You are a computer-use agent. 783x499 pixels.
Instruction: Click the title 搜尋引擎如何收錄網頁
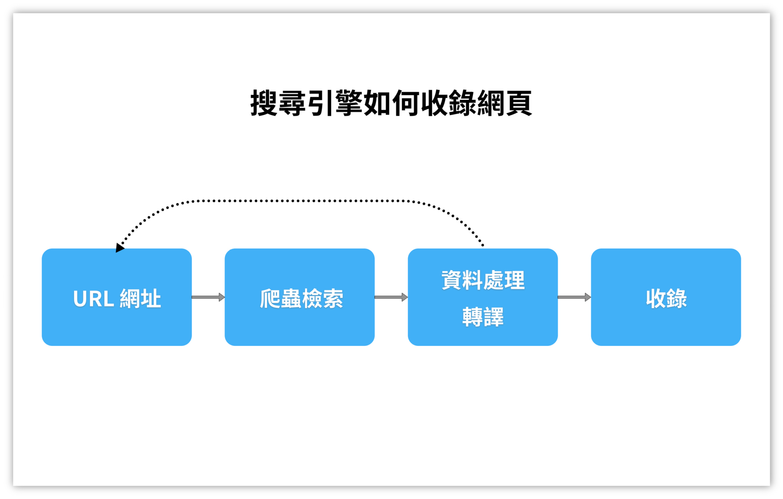point(391,103)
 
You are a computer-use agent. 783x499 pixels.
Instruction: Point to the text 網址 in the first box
point(140,299)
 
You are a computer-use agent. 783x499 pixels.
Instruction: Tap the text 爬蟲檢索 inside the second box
point(301,299)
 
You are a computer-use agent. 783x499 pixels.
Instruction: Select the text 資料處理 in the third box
point(483,280)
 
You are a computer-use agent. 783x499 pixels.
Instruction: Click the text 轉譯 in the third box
point(483,317)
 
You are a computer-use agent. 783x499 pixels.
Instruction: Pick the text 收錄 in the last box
point(666,299)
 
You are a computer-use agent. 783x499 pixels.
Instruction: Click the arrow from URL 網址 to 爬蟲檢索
point(208,297)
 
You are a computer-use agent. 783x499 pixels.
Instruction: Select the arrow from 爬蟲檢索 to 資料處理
point(391,297)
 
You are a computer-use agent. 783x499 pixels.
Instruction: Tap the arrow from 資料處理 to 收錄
point(574,297)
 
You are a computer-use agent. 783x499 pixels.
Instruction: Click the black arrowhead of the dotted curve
point(119,248)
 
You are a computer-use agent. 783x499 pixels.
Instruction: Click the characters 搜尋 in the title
point(278,103)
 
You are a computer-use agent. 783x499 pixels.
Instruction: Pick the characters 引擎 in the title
point(335,103)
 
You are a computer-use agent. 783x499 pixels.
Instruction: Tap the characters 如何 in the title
point(391,103)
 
